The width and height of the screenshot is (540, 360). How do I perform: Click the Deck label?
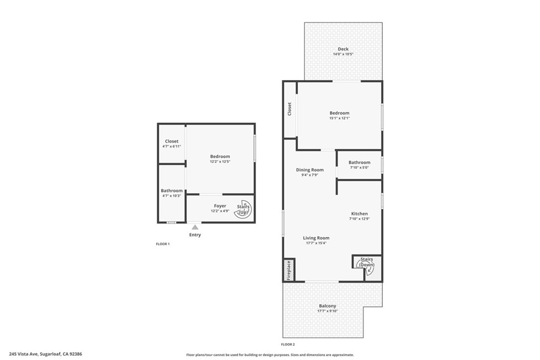[343, 49]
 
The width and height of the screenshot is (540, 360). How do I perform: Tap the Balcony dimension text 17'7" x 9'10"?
[327, 311]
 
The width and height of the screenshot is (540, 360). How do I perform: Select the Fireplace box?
[289, 270]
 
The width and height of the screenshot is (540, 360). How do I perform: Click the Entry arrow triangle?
[195, 227]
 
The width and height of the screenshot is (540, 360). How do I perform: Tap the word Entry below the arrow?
[195, 235]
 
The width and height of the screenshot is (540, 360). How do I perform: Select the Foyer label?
[220, 206]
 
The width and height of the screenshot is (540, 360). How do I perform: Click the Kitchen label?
[359, 213]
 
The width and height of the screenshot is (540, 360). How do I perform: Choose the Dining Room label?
[310, 170]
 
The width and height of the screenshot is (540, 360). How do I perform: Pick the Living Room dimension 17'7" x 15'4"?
[316, 243]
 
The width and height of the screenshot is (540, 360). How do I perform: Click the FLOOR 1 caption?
[162, 244]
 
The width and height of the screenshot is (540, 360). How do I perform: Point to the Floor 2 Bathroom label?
[359, 162]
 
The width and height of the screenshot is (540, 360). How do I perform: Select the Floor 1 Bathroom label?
[172, 191]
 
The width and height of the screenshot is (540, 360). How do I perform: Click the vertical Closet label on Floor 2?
[290, 109]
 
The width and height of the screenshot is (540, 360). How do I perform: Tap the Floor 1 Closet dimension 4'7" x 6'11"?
[172, 146]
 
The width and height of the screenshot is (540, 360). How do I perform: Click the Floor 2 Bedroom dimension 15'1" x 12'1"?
[340, 118]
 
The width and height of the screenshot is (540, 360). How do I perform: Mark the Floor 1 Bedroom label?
[220, 157]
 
